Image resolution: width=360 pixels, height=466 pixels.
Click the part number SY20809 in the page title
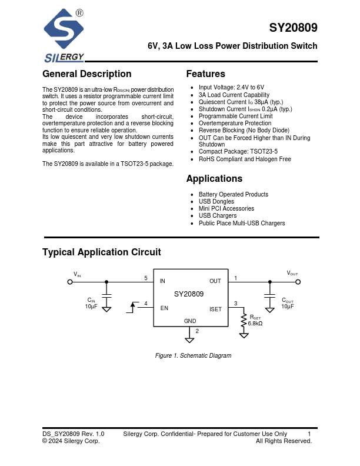tap(294, 28)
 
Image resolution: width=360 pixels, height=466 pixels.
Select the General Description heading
tap(87, 74)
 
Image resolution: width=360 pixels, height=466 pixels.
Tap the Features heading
tap(205, 74)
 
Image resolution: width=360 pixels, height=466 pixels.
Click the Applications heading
tap(214, 179)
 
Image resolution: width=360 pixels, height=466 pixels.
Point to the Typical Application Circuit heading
tap(101, 252)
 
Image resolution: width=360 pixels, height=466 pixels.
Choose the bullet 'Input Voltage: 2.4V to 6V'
tap(231, 88)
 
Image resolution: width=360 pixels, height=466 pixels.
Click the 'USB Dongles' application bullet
tap(216, 202)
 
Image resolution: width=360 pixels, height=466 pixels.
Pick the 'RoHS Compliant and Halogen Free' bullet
tap(245, 159)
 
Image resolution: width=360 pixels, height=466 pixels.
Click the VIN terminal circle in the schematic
tap(70, 282)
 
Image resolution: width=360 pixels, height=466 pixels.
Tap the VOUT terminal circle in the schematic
tap(298, 282)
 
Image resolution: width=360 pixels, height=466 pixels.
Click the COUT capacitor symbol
tap(269, 294)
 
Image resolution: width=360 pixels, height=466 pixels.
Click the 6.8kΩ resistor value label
tap(255, 324)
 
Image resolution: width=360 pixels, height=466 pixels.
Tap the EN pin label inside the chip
tap(164, 308)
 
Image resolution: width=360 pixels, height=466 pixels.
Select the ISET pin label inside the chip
tap(215, 309)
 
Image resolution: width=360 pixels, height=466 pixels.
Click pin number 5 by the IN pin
tap(146, 278)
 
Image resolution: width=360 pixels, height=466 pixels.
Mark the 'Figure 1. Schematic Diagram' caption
tap(193, 356)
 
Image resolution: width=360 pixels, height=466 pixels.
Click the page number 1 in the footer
tap(309, 434)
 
